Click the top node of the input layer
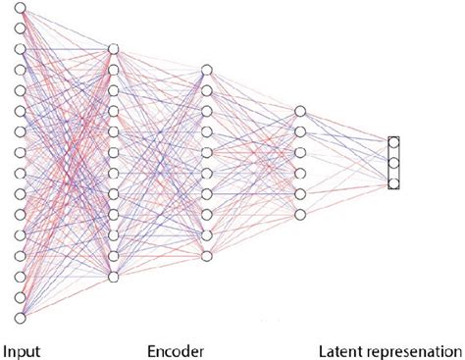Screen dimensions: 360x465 pyautogui.click(x=19, y=8)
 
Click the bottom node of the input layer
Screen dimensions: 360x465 pyautogui.click(x=19, y=317)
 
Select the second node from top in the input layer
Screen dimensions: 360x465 pyautogui.click(x=19, y=28)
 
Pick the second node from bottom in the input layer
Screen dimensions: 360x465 pyautogui.click(x=19, y=296)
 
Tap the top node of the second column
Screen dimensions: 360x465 pyautogui.click(x=114, y=49)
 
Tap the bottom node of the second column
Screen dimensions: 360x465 pyautogui.click(x=114, y=277)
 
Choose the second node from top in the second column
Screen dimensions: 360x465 pyautogui.click(x=114, y=70)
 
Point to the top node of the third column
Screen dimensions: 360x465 pyautogui.click(x=206, y=70)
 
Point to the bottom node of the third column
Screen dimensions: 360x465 pyautogui.click(x=206, y=256)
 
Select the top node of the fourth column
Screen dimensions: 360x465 pyautogui.click(x=299, y=111)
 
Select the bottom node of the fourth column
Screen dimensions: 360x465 pyautogui.click(x=299, y=214)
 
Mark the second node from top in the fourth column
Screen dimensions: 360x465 pyautogui.click(x=299, y=131)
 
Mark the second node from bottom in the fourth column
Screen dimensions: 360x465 pyautogui.click(x=299, y=193)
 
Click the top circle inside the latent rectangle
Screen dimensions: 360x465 pyautogui.click(x=394, y=143)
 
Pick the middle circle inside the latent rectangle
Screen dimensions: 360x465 pyautogui.click(x=394, y=163)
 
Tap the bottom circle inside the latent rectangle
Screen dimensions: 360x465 pyautogui.click(x=394, y=182)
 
